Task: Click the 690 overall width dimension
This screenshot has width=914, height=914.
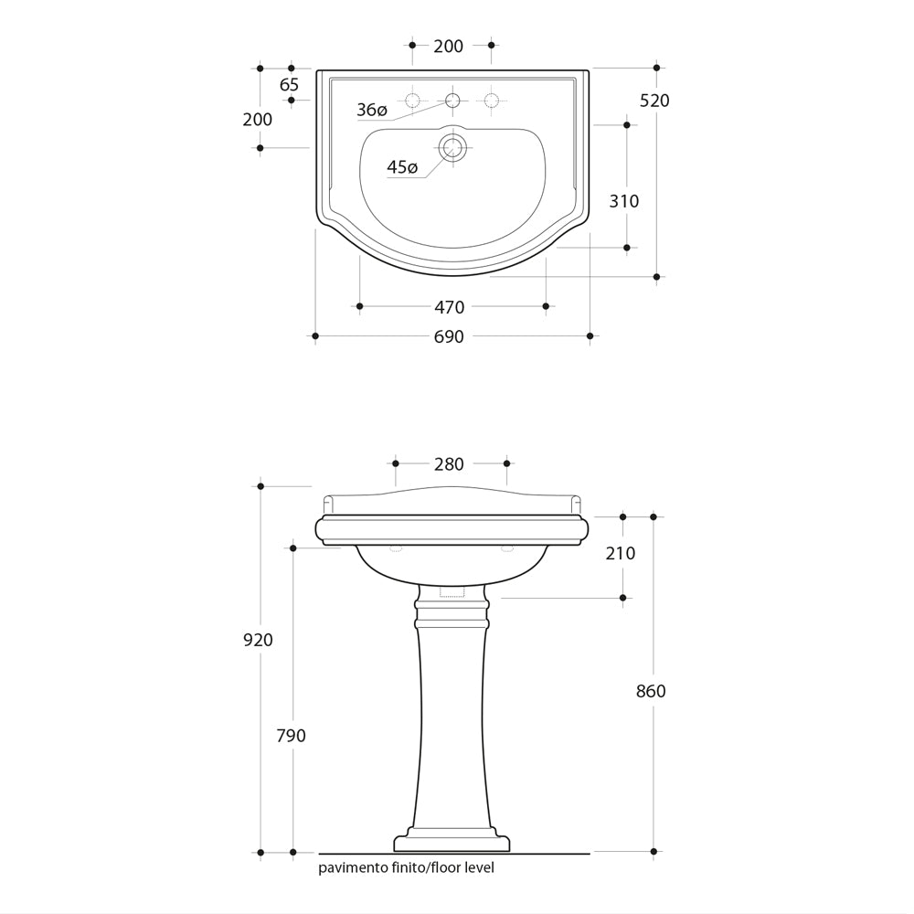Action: tap(449, 337)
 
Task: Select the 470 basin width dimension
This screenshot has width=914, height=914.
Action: tap(450, 307)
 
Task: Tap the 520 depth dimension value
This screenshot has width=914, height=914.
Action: tap(654, 101)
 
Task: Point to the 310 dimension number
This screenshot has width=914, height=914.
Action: tap(624, 201)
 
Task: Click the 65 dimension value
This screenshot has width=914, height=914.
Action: tap(289, 85)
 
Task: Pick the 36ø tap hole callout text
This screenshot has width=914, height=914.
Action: tap(372, 110)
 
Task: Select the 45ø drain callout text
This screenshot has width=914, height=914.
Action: tap(402, 167)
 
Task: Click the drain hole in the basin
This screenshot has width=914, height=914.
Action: tap(452, 147)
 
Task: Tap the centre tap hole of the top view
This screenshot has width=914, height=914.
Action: tap(452, 101)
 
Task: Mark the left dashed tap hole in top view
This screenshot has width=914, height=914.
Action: tap(413, 101)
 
